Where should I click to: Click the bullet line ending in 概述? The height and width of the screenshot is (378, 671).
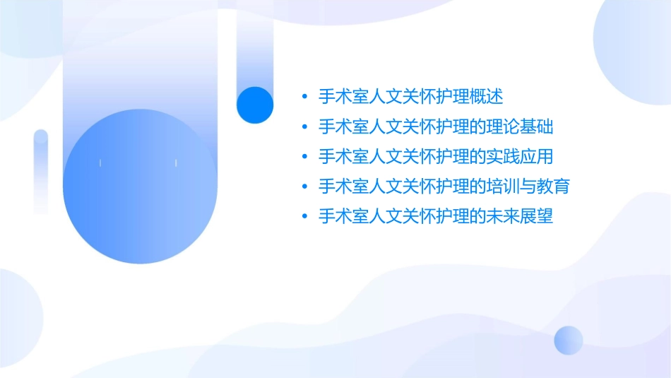[411, 97]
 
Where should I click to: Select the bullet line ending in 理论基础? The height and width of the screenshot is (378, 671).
[436, 126]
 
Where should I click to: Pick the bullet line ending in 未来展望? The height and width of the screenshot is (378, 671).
[436, 216]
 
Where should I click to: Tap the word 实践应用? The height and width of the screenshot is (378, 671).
[521, 156]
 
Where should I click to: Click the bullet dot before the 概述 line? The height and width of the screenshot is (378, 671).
[304, 97]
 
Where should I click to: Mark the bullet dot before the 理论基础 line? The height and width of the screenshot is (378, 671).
[304, 127]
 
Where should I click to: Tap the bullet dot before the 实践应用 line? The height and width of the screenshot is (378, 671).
[304, 157]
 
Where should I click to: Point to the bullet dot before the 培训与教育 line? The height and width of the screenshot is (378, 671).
[304, 187]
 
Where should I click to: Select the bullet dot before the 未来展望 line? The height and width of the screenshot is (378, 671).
[304, 217]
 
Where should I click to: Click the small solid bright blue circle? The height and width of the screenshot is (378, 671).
[255, 105]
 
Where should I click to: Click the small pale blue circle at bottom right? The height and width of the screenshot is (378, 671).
[569, 340]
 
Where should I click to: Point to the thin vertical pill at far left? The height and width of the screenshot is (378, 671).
[41, 171]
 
